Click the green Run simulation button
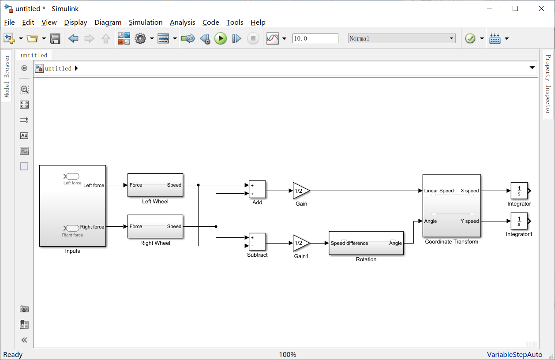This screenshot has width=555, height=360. pos(221,39)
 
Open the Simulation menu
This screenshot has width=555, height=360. pos(146,22)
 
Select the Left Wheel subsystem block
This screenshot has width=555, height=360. pos(155,185)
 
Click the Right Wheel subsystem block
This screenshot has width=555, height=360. pos(155,227)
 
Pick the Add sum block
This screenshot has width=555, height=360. pos(257,189)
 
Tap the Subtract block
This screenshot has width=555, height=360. pos(257,241)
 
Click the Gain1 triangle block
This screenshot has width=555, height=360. pos(300,243)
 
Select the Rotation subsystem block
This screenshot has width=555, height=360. pos(366,243)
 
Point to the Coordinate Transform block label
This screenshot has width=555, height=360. pos(451,242)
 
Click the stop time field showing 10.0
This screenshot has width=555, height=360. pos(315,39)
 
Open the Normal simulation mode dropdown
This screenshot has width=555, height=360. pos(401,39)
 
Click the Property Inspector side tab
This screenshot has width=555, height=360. pos(548,84)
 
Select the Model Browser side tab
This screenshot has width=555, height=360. pos(7,76)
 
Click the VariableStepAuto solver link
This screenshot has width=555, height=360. pos(514,355)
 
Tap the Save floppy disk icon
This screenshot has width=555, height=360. pos(55,39)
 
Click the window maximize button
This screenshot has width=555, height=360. pos(515,8)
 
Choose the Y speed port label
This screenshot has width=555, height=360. pos(469,221)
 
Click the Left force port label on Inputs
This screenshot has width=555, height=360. pos(94,185)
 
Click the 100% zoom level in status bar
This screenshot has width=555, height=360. pos(288,355)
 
